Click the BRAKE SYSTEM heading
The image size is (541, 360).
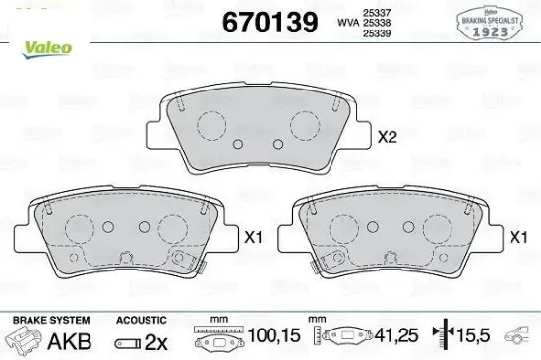pyautogui.click(x=50, y=320)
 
